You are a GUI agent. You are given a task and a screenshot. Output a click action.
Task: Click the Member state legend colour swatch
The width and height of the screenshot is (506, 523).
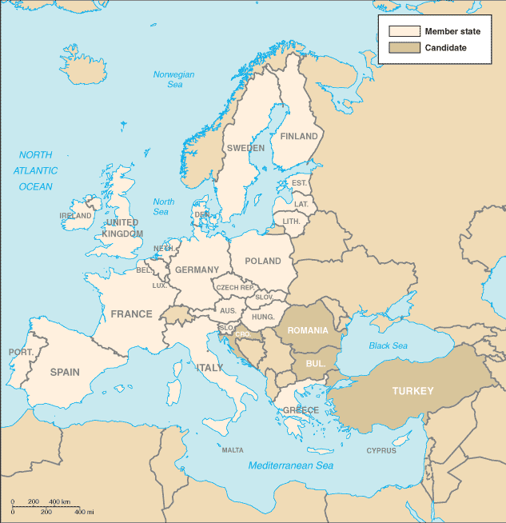click(404, 31)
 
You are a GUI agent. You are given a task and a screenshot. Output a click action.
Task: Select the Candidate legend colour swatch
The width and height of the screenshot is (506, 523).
click(404, 48)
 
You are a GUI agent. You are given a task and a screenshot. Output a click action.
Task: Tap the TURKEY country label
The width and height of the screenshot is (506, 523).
click(412, 391)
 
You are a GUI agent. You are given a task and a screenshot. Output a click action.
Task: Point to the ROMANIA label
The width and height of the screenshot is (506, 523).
click(308, 330)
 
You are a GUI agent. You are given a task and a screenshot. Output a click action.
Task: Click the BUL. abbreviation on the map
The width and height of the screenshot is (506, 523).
click(316, 362)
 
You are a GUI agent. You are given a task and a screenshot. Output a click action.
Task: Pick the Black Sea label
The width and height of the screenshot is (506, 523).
click(388, 345)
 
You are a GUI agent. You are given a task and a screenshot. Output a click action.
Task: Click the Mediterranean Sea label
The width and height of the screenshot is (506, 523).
click(291, 465)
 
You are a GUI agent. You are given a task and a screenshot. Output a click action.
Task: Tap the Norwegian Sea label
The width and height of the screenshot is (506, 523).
click(173, 80)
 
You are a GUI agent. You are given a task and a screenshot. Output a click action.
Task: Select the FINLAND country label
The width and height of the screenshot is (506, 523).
click(299, 137)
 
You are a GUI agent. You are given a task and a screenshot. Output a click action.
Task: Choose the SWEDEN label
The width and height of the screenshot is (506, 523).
click(245, 148)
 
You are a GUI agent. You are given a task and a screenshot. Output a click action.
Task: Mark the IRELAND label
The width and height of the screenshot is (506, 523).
click(76, 216)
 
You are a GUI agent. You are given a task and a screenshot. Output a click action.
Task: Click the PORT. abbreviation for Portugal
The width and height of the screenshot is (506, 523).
click(21, 352)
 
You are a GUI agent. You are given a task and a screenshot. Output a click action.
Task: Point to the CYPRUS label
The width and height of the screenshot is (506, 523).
click(381, 450)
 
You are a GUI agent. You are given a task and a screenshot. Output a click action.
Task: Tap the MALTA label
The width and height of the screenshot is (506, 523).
click(233, 450)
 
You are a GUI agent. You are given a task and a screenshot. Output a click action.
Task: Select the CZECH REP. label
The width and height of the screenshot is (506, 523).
click(235, 287)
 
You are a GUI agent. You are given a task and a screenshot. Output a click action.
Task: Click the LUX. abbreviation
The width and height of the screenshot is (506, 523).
click(160, 285)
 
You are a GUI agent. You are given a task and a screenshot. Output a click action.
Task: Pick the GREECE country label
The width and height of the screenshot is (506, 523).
click(301, 410)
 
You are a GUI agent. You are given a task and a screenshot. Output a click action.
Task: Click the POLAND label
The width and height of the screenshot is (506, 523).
click(263, 261)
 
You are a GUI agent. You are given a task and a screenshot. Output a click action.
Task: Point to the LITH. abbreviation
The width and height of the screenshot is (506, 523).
click(291, 221)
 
